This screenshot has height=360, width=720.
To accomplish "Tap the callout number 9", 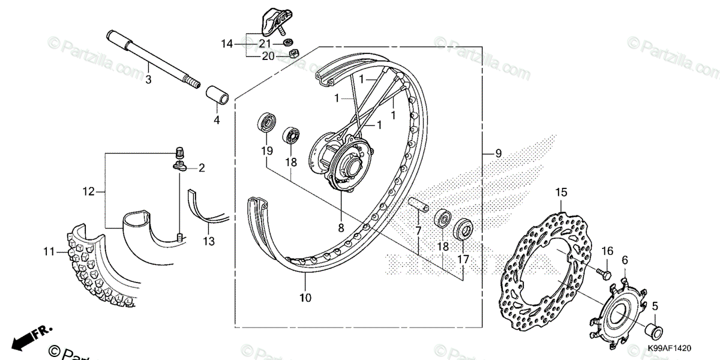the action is (498, 154).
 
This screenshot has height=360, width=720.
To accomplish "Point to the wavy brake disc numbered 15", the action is (540, 264).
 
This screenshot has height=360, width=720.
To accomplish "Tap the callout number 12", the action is (89, 192).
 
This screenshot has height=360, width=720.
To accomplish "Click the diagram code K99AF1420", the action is (670, 347).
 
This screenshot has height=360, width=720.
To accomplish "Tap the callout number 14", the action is (226, 44).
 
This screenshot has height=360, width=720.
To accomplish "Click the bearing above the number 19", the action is (266, 123).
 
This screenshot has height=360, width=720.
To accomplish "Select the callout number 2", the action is (202, 169).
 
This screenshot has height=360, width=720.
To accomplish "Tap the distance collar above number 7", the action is (418, 205).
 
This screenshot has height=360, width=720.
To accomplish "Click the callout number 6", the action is (625, 260).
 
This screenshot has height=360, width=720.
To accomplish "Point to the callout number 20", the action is (268, 56).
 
